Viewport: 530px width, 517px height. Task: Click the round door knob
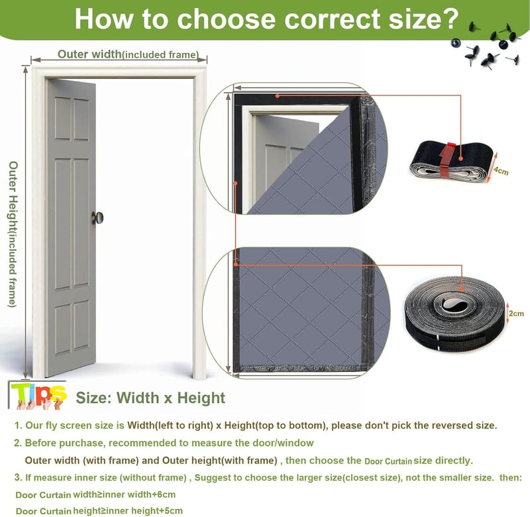tap(97, 218)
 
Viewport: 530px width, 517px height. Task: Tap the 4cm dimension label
tap(501, 171)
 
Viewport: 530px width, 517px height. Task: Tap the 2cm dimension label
tap(516, 314)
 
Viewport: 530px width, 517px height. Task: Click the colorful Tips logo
tap(38, 396)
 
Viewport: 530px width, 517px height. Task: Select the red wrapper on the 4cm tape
tap(447, 160)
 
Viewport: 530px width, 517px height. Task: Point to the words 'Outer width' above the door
tap(89, 54)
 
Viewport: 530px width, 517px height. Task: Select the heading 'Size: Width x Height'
tap(150, 398)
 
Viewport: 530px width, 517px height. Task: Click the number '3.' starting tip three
tap(19, 477)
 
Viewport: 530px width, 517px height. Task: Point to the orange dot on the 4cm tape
tap(460, 158)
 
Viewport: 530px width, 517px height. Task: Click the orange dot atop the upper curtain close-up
tap(277, 96)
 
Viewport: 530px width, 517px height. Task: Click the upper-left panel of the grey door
tap(62, 118)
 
